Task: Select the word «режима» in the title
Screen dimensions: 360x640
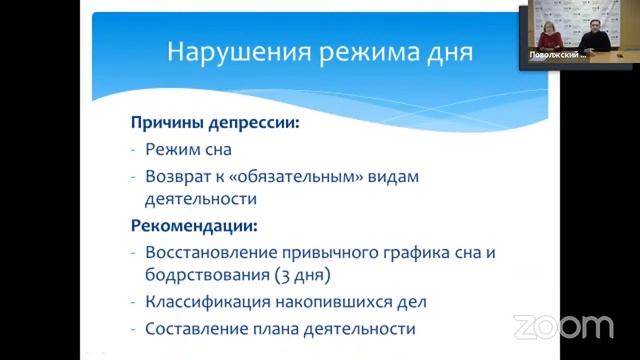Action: [x=355, y=51]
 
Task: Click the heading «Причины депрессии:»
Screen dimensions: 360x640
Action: [x=215, y=124]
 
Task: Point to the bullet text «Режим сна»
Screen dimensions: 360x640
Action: [x=188, y=150]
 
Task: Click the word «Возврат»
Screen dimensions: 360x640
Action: [x=180, y=176]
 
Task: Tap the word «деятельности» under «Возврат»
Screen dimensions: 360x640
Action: [x=194, y=199]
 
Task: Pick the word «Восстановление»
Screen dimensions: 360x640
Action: [x=210, y=252]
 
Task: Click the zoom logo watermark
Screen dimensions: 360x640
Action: [x=563, y=327]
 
